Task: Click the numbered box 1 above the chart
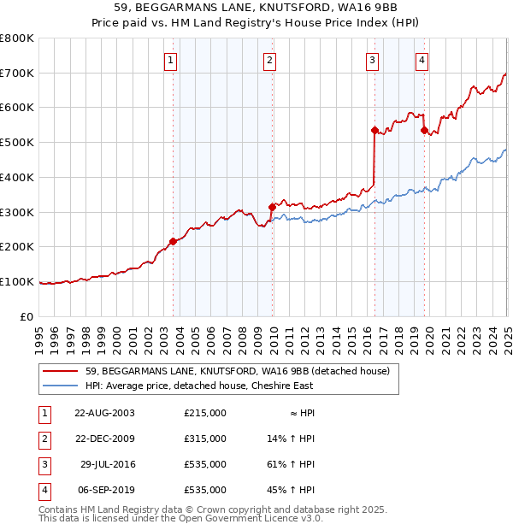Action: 172,60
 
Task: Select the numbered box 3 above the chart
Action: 373,60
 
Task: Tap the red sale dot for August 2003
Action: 173,241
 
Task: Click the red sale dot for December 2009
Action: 272,206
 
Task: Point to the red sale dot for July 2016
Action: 374,130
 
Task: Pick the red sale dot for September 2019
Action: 424,130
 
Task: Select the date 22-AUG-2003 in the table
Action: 104,413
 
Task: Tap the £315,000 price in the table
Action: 205,439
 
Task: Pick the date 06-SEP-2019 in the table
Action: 106,490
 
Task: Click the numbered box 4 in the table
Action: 42,490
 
